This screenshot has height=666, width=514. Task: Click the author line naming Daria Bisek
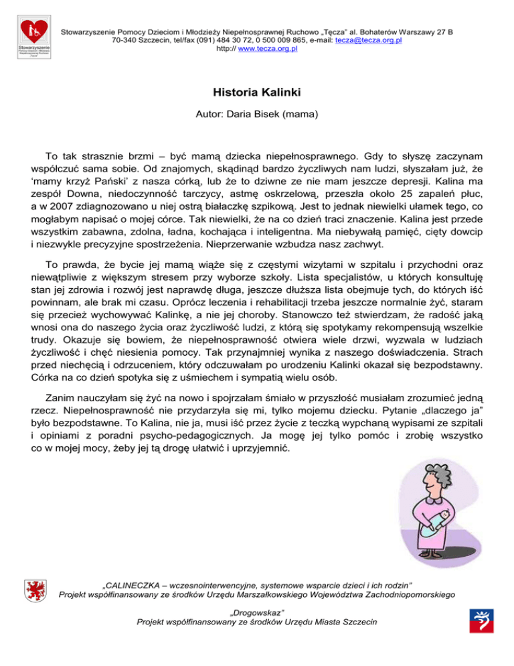tap(256, 115)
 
